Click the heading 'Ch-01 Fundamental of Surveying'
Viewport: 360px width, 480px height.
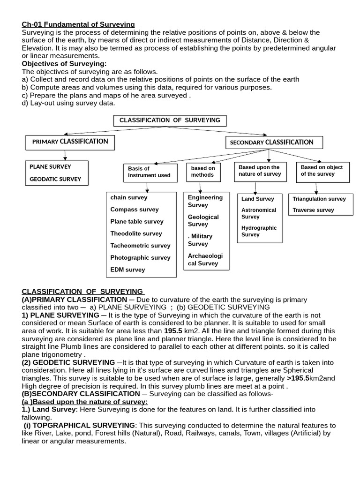78,24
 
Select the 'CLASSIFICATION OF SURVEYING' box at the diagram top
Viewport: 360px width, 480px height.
170,120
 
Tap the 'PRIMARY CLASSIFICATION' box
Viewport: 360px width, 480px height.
70,142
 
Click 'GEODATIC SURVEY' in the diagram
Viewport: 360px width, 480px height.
55,179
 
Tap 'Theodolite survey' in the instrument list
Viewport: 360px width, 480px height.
136,233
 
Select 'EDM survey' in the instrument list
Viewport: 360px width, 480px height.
127,270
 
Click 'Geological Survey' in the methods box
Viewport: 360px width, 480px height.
203,221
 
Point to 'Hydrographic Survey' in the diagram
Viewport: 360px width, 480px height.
259,231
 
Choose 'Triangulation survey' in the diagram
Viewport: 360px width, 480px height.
319,199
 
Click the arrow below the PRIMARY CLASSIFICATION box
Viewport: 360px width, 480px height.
65,155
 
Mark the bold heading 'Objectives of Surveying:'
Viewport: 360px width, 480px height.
64,64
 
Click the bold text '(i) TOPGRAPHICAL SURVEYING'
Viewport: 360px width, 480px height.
80,425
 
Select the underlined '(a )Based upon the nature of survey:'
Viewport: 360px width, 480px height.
85,402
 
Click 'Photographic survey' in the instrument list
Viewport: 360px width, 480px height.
140,257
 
